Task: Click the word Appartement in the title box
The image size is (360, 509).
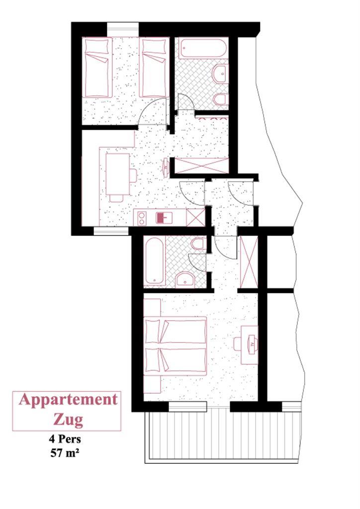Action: coord(68,400)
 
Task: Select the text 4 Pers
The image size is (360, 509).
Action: coord(65,439)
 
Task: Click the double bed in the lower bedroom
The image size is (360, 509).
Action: coord(176,346)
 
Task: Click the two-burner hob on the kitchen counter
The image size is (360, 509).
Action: coord(142,218)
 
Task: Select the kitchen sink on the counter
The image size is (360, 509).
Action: coord(164,217)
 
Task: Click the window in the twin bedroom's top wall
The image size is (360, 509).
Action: coord(123,29)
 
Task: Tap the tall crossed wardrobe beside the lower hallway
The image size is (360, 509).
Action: coord(249,261)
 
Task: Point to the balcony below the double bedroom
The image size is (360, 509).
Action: coord(221,435)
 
